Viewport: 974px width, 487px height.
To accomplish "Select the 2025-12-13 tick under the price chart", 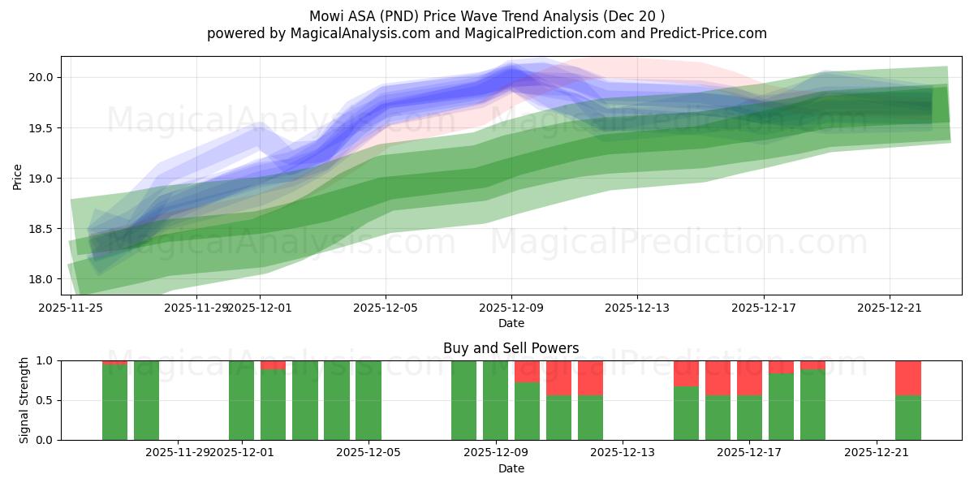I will (637, 308).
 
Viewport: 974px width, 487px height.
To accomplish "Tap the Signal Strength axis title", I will (24, 400).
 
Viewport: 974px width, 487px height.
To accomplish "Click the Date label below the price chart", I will (511, 323).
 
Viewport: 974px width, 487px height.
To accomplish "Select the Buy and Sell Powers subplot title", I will (511, 348).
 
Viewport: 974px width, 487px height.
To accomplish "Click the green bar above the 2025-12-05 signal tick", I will (368, 400).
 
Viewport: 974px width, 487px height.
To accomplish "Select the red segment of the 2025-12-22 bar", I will (908, 377).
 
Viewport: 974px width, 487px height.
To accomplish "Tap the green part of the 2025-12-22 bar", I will (908, 417).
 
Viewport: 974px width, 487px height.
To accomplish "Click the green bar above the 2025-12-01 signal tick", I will (242, 400).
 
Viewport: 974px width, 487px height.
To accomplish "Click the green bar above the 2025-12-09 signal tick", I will (495, 400).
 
